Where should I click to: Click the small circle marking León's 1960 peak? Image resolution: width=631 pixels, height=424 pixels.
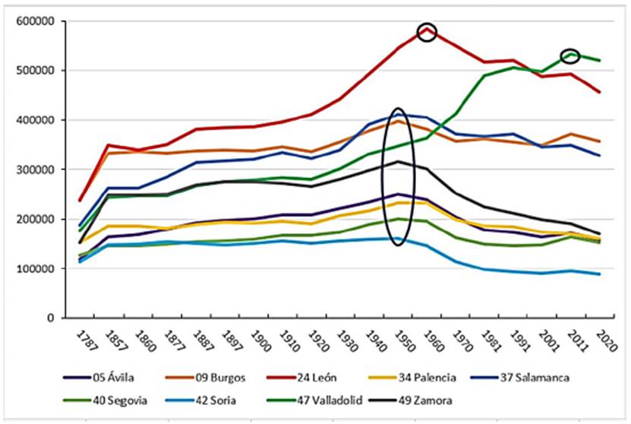[x=428, y=33]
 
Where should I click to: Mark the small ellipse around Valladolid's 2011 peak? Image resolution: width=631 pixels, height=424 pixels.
[x=570, y=55]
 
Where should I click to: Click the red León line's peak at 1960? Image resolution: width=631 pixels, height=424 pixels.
[x=428, y=30]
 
